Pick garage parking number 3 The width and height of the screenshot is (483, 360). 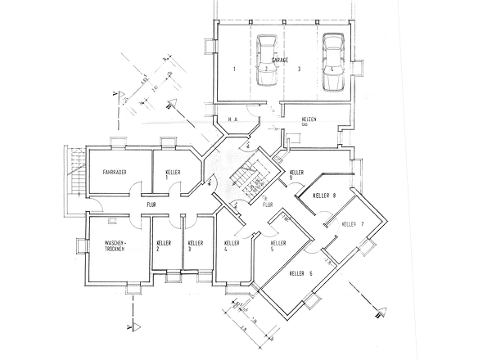[300, 71]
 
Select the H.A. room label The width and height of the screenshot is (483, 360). [233, 119]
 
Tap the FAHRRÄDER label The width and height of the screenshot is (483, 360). [114, 173]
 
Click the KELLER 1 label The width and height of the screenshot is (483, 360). [173, 175]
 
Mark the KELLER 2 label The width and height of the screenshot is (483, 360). [164, 246]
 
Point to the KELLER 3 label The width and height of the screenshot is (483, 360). [195, 246]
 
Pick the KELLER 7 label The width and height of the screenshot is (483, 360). [353, 223]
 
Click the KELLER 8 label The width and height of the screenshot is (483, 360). [325, 196]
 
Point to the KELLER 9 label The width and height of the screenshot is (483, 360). [296, 175]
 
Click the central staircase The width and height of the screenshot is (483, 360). [243, 175]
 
